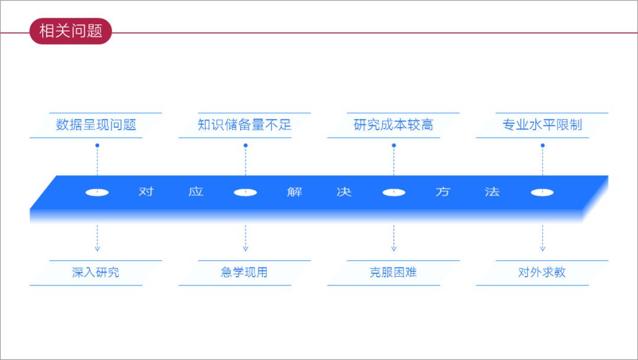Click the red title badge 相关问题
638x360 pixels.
point(70,31)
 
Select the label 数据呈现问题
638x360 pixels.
point(96,125)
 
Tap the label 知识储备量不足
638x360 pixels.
point(245,125)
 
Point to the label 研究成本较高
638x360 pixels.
point(393,125)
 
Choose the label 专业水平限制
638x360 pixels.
point(542,125)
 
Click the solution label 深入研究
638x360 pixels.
point(96,273)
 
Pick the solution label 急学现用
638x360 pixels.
point(245,273)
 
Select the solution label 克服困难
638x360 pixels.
point(393,273)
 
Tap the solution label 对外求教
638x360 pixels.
point(542,273)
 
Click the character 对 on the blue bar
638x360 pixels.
point(146,192)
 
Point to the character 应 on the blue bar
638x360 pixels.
point(196,192)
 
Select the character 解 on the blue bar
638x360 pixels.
point(295,192)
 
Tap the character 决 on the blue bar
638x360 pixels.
point(344,192)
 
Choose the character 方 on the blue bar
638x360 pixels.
point(442,192)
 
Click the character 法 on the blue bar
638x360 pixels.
point(492,192)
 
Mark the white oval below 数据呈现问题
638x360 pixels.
point(97,192)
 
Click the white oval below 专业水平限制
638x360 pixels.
point(542,192)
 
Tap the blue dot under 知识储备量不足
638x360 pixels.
point(245,145)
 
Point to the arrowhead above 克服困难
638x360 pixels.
point(393,248)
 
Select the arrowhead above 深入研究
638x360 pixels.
point(97,248)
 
